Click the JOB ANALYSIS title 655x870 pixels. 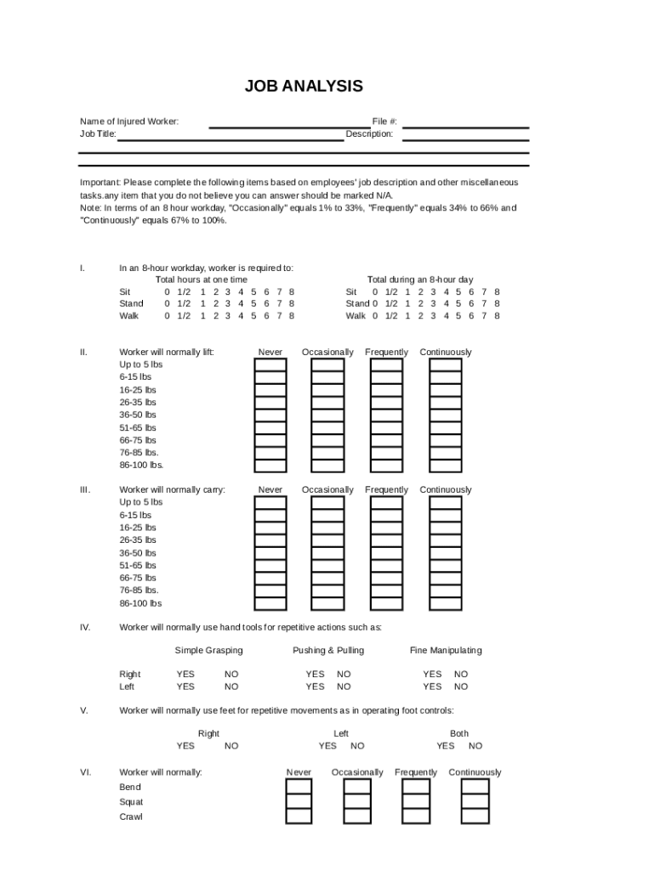[x=304, y=87]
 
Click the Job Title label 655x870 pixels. [x=98, y=134]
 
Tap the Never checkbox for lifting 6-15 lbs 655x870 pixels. [x=271, y=377]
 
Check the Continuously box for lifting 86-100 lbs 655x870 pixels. [x=445, y=466]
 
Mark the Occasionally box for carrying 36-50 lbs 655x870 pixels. [x=327, y=553]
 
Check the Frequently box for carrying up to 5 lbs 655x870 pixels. [x=386, y=503]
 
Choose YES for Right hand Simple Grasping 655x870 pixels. [x=185, y=675]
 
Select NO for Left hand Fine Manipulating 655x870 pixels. [x=461, y=686]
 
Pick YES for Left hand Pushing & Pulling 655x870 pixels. [x=315, y=686]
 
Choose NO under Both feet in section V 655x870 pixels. [x=476, y=746]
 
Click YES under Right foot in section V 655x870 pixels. [x=185, y=746]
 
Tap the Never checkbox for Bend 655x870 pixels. [x=299, y=787]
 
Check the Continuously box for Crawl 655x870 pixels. [x=475, y=816]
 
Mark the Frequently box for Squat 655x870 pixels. [x=415, y=802]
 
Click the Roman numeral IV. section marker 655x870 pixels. [x=85, y=628]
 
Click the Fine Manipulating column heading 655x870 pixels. [x=446, y=651]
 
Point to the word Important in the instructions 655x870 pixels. [x=100, y=183]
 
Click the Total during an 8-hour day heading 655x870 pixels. [x=420, y=280]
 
